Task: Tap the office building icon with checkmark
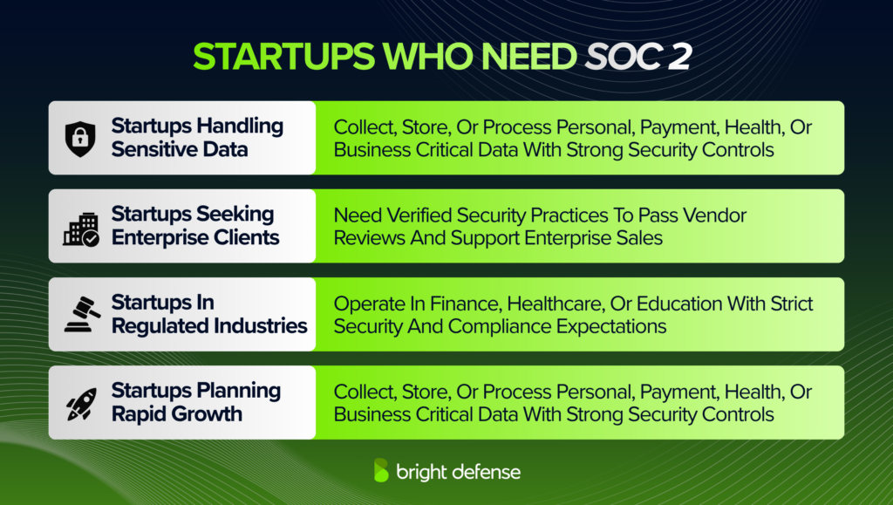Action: [x=80, y=227]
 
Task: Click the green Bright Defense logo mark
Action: [x=381, y=470]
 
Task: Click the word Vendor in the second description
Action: [x=717, y=215]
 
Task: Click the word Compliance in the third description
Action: [x=490, y=326]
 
